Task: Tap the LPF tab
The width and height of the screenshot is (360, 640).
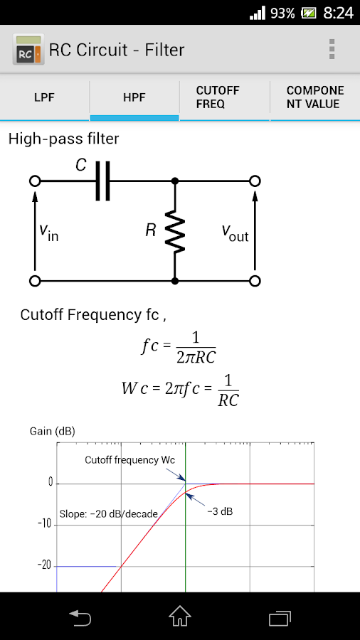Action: (44, 97)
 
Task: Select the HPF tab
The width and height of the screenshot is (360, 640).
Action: (134, 97)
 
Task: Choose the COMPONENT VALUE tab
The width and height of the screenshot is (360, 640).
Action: (314, 97)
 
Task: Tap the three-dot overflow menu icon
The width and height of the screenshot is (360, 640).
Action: (332, 49)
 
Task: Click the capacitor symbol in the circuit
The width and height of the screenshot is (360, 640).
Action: (104, 181)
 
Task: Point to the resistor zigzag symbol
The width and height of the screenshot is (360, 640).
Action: (174, 231)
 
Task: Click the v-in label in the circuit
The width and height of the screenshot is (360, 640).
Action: (48, 232)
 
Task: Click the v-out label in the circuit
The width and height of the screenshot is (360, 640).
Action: (235, 232)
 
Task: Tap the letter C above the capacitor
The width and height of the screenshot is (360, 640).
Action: (81, 166)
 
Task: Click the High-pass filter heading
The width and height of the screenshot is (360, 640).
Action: (64, 139)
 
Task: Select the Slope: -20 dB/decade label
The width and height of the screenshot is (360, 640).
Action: (108, 513)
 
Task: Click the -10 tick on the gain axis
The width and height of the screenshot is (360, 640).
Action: (44, 524)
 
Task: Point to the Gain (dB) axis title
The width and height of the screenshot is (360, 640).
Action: (52, 431)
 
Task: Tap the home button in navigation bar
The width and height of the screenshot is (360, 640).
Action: (180, 616)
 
